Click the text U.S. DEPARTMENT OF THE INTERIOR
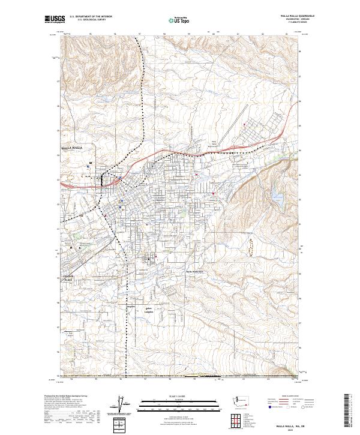[91, 16]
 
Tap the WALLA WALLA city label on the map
[75, 147]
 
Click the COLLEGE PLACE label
[71, 278]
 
